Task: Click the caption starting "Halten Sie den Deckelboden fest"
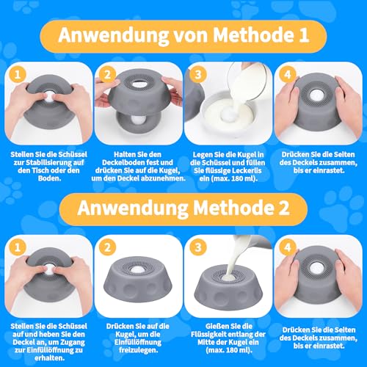click(x=138, y=165)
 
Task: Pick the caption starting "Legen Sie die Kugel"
click(x=228, y=165)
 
